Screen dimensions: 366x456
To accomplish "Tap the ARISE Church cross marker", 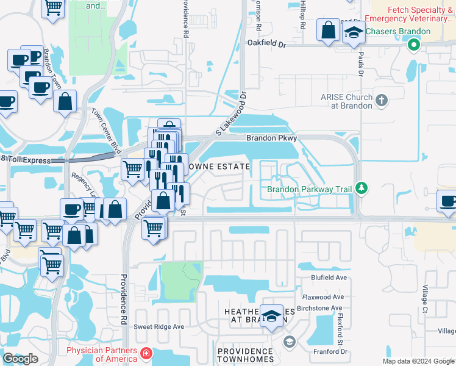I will pyautogui.click(x=382, y=101).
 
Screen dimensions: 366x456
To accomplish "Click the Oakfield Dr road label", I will pyautogui.click(x=266, y=44).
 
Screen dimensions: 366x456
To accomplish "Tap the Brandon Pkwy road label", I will pyautogui.click(x=271, y=138).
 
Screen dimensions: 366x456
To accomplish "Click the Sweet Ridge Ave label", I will pyautogui.click(x=159, y=326).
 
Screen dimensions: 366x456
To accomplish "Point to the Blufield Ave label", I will pyautogui.click(x=329, y=278).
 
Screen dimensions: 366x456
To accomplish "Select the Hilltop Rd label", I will pyautogui.click(x=302, y=16).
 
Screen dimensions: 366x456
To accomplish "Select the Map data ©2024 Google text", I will pyautogui.click(x=418, y=361).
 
